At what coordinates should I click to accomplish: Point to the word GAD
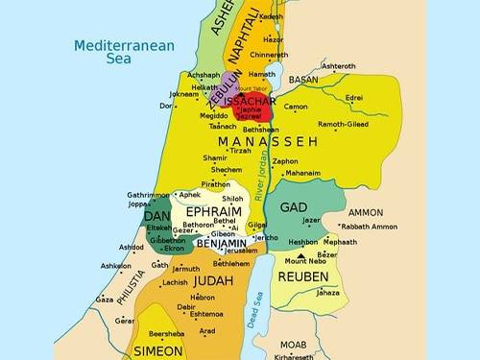click(294, 207)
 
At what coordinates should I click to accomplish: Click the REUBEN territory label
click(303, 276)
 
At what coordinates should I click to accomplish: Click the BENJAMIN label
click(222, 244)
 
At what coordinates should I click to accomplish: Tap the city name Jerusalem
click(241, 251)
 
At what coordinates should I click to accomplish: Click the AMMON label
click(365, 212)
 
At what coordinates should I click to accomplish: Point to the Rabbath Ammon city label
click(369, 227)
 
